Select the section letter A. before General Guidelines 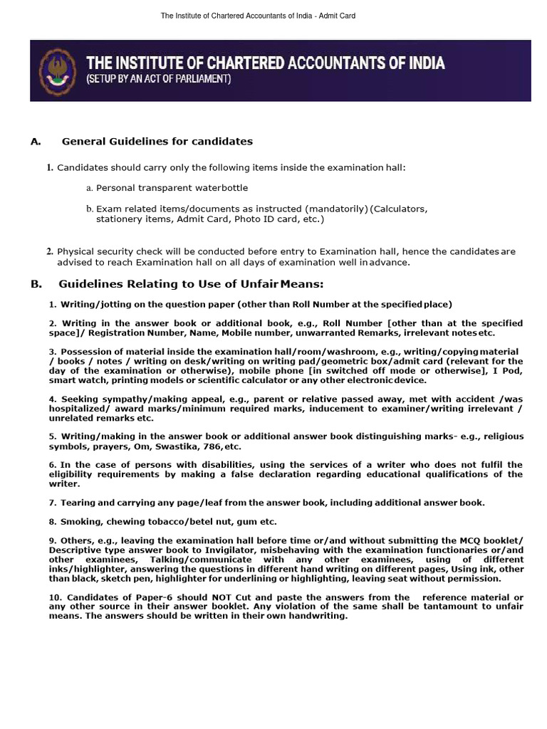36,141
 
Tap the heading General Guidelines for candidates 157,141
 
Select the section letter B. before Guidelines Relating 36,284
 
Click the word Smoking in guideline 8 80,521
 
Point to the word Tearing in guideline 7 79,502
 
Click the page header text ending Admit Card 273,15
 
